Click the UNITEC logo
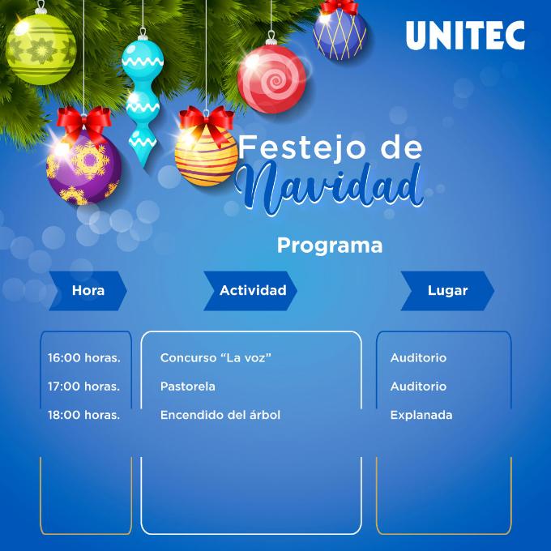pos(465,35)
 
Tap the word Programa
pos(330,246)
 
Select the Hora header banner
pos(88,291)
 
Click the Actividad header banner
pos(250,291)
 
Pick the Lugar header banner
pos(447,291)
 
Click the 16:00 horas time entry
pos(84,357)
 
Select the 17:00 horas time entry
pos(83,387)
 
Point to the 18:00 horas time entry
pos(83,415)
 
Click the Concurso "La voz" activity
pos(216,357)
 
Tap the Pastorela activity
pos(188,387)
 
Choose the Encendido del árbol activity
pos(220,415)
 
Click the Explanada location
pos(421,415)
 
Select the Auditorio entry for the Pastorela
pos(418,387)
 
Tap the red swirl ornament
pos(271,79)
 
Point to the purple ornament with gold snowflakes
pos(83,168)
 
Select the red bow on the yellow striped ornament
pos(207,123)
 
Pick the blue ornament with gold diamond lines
pos(340,34)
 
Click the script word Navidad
pos(329,187)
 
